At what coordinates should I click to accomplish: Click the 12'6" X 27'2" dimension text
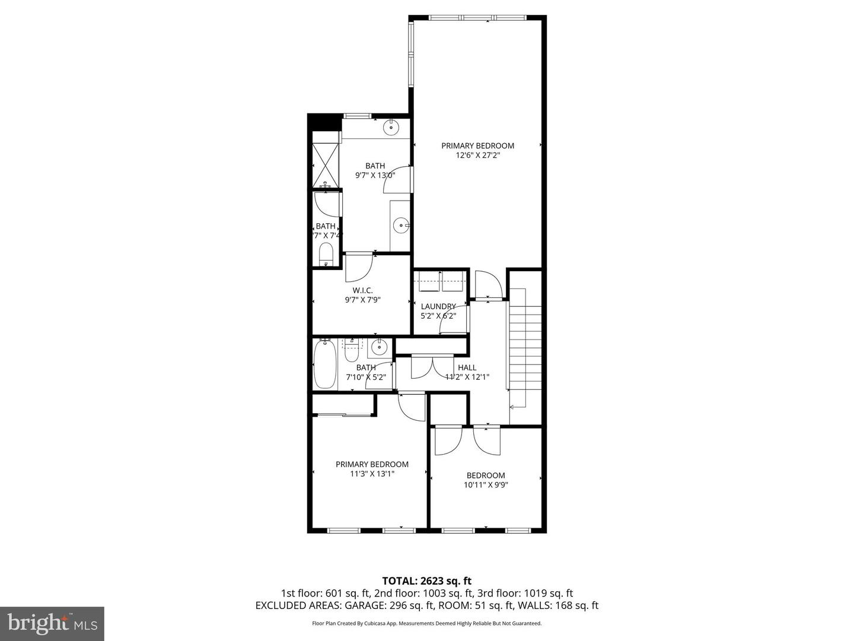point(477,156)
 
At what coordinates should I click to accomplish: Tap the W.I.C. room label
point(362,290)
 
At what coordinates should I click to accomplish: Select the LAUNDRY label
point(438,306)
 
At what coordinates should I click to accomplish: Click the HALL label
point(467,367)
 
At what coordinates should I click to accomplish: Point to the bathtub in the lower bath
point(325,363)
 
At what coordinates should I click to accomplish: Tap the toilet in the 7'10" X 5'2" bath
point(352,350)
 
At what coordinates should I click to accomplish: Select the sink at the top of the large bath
point(391,127)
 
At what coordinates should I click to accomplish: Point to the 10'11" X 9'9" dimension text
point(486,485)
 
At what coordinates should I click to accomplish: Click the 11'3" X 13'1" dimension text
point(372,474)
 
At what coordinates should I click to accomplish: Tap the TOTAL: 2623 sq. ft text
point(426,580)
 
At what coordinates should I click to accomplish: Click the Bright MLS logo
point(52,623)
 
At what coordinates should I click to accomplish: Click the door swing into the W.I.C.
point(358,267)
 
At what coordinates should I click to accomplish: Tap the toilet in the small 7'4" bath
point(326,255)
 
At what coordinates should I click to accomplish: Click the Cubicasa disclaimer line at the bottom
point(426,623)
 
